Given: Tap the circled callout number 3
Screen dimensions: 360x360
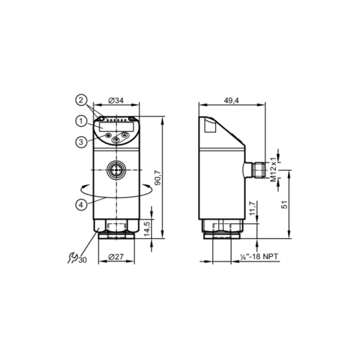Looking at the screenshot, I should coord(83,141).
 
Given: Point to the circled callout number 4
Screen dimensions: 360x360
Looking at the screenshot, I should coord(83,204).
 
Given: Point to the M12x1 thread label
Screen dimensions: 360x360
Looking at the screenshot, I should coord(274,168).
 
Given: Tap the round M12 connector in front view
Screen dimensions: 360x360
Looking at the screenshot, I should coord(117,171).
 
